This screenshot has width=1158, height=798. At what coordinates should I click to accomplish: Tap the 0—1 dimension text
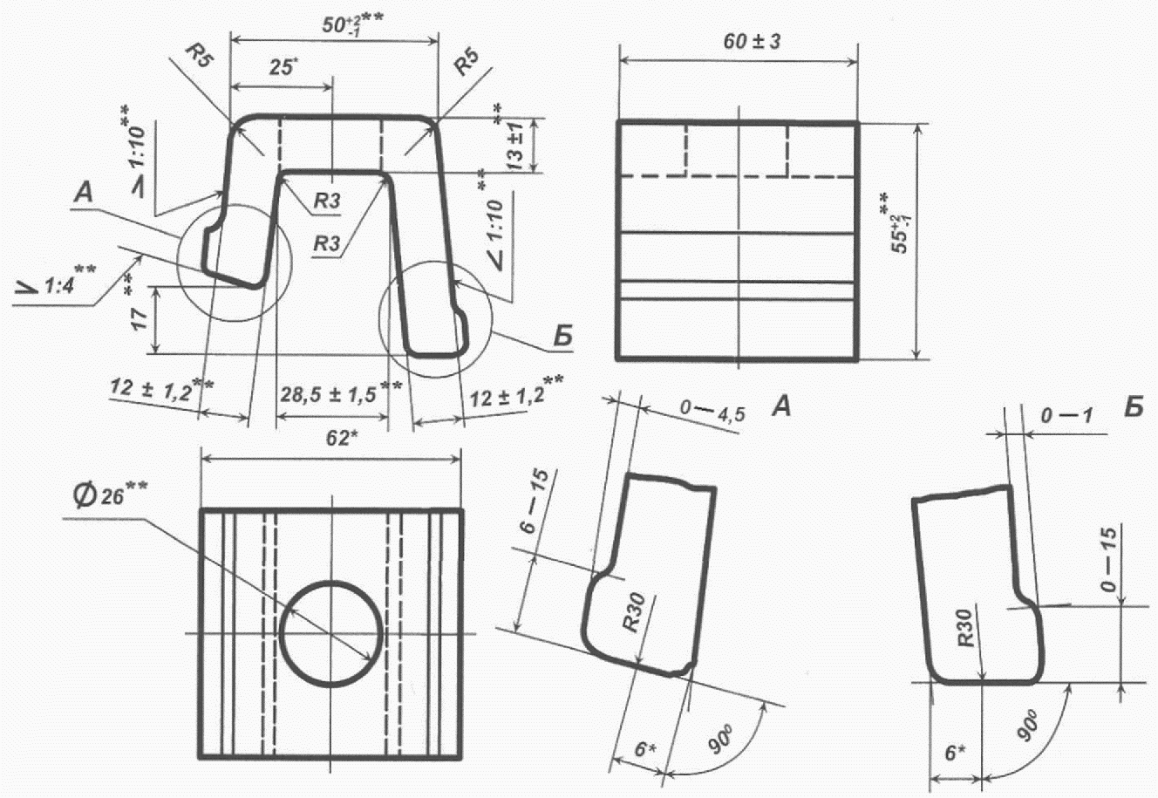tap(1059, 417)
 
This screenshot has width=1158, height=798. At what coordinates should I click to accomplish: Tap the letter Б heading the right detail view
tap(1133, 406)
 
